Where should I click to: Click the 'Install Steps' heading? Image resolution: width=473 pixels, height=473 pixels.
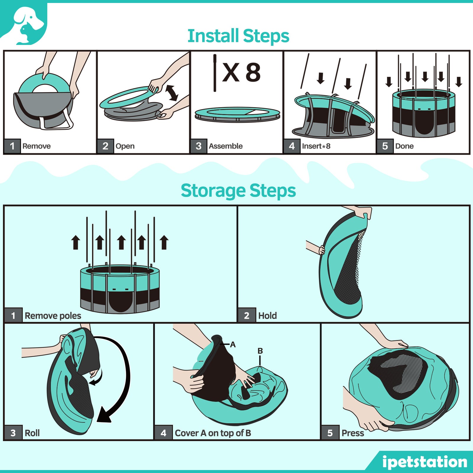[238, 36]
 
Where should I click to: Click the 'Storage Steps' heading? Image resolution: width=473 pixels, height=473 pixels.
[238, 191]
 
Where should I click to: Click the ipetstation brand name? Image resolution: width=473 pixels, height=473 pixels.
[425, 462]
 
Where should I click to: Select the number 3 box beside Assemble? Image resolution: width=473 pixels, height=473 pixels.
[199, 146]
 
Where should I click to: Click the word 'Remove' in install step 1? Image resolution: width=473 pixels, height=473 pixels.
[36, 146]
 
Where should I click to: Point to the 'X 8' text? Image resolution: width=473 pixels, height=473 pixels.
[241, 73]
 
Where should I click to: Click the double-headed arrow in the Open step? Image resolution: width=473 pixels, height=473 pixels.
[172, 93]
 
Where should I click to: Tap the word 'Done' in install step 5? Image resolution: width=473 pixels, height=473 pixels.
[404, 146]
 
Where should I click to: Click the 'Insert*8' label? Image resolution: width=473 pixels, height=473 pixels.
[316, 146]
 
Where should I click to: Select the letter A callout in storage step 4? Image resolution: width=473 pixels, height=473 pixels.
[233, 344]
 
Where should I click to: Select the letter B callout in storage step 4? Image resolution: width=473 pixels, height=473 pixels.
[260, 351]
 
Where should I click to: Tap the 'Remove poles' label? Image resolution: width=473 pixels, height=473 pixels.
[53, 316]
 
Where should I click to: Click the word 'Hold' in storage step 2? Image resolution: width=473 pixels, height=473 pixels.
[267, 316]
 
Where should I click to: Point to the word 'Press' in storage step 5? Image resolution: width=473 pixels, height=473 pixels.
[352, 433]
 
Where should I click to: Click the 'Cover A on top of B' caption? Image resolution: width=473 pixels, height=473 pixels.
[213, 433]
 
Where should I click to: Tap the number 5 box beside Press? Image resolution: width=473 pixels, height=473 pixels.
[330, 433]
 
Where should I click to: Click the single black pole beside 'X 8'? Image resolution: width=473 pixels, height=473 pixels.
[215, 73]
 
